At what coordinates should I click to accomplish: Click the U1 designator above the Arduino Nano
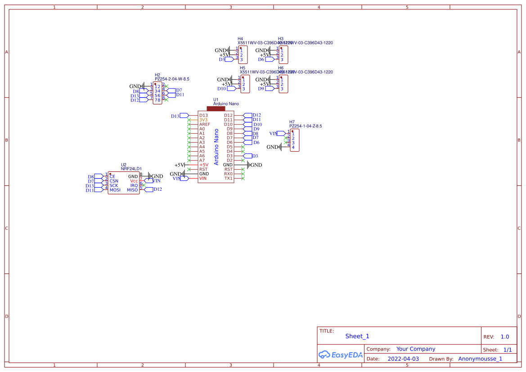(x=216, y=99)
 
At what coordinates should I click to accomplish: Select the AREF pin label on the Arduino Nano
(x=205, y=125)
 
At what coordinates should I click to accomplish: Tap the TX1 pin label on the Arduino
(x=229, y=179)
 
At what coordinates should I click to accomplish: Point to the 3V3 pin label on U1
(x=203, y=120)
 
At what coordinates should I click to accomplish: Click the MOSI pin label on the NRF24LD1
(x=115, y=190)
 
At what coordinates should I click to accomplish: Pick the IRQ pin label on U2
(x=134, y=185)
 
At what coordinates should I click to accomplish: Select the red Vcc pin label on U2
(x=134, y=181)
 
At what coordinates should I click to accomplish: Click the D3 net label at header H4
(x=221, y=59)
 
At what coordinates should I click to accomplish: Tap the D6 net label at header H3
(x=261, y=59)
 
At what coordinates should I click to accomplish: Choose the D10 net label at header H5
(x=221, y=89)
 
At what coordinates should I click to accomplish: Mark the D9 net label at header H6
(x=261, y=89)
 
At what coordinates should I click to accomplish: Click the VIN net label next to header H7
(x=273, y=134)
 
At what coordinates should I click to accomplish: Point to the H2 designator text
(x=157, y=75)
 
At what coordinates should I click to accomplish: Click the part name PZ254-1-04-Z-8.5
(x=306, y=126)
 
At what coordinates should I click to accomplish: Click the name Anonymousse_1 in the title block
(x=480, y=359)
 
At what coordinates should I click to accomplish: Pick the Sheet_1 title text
(x=357, y=336)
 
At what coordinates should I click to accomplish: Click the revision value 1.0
(x=505, y=337)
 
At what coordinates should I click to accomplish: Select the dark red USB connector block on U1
(x=216, y=108)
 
